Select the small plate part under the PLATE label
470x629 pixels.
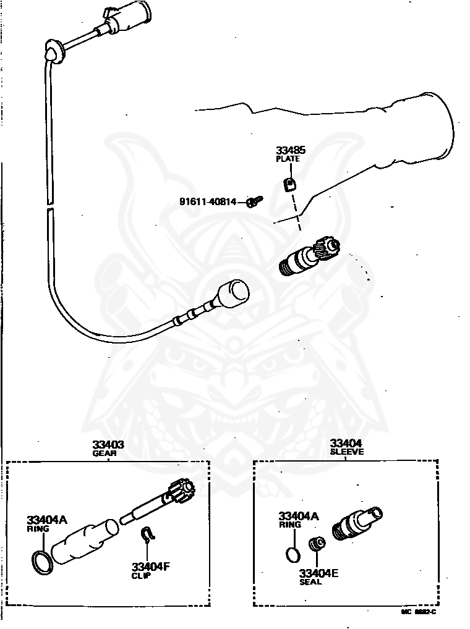[x=289, y=185]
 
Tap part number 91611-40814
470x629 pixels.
[x=208, y=201]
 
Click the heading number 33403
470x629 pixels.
[x=108, y=444]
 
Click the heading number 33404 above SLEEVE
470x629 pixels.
[x=346, y=443]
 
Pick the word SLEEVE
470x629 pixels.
[x=346, y=452]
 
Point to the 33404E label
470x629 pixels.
[x=318, y=573]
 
